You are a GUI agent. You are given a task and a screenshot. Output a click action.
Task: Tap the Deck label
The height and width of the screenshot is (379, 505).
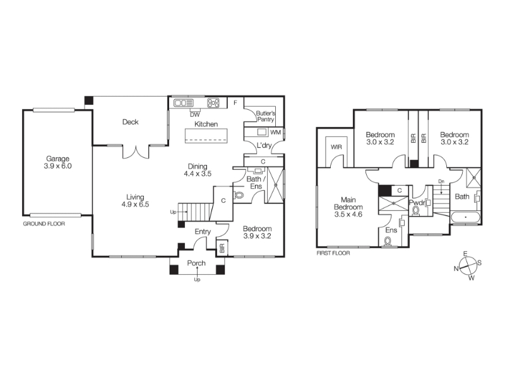coord(131,122)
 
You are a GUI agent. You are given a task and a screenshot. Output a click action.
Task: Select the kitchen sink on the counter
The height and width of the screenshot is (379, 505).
coord(183,103)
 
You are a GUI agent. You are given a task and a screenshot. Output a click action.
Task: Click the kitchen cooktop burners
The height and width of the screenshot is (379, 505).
coord(213,103)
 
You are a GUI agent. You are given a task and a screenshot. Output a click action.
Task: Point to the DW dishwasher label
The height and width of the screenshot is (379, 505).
coord(195,114)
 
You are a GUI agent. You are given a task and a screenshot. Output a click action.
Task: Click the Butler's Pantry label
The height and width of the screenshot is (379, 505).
coord(266,116)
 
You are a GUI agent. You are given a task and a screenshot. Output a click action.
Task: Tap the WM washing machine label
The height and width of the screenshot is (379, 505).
coord(276,133)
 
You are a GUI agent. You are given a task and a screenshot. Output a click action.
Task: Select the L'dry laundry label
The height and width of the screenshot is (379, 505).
coord(264,145)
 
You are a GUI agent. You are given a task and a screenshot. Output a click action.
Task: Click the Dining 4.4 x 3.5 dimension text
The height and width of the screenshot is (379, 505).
coord(198,174)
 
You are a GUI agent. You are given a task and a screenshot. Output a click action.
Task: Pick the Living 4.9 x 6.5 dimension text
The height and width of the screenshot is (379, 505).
coord(135,204)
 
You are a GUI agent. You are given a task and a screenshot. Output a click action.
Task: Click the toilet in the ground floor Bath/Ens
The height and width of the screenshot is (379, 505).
coord(239,195)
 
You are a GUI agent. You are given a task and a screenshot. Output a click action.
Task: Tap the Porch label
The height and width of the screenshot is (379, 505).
coord(196,263)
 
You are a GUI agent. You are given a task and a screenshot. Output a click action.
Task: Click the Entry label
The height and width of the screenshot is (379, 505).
coord(203,232)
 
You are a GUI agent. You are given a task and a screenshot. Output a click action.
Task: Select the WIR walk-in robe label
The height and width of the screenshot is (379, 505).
coord(336,147)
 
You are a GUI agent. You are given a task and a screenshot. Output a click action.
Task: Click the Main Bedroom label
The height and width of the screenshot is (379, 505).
coord(348,203)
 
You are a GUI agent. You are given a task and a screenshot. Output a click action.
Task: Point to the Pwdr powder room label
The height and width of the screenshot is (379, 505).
coord(417,203)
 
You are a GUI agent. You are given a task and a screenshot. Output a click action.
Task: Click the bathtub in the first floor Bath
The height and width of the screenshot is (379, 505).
coord(465,217)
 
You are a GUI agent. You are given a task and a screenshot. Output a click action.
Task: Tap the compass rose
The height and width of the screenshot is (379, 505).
coord(468,266)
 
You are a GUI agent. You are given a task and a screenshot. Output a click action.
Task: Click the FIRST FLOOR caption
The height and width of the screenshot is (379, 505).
coord(333,253)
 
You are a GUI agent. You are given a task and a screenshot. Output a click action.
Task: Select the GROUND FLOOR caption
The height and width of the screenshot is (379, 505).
coord(44,224)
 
